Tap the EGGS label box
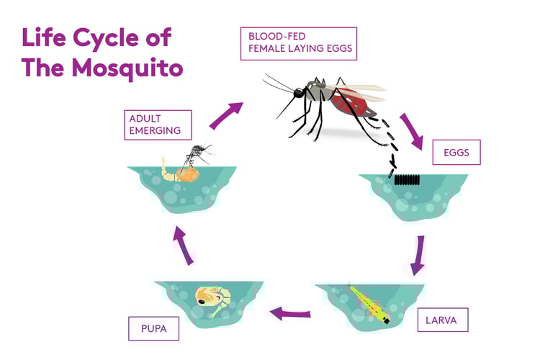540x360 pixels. [x=456, y=153]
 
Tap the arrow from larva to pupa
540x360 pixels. [x=289, y=313]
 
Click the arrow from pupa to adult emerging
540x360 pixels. [x=184, y=246]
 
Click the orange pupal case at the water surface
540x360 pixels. [x=189, y=172]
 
